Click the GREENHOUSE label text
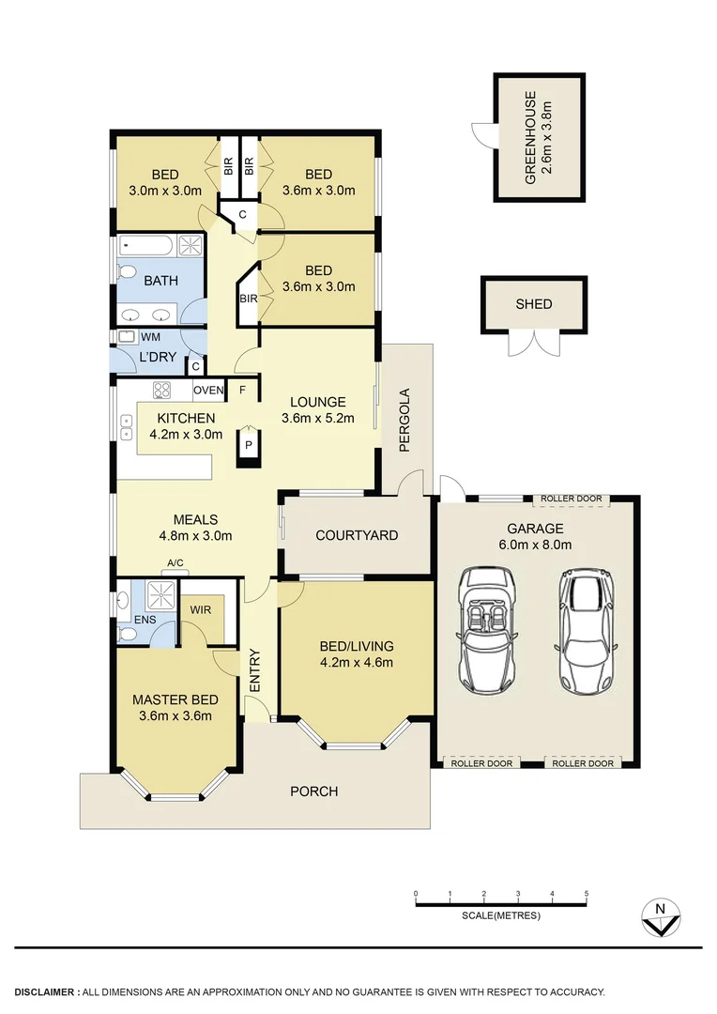[531, 137]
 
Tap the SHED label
[534, 304]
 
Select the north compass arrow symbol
[661, 917]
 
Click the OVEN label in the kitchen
[208, 390]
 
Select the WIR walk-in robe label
[199, 610]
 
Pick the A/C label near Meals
[175, 563]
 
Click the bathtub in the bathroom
[146, 247]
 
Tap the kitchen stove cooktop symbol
[161, 390]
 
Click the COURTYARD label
[357, 535]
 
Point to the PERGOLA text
[405, 421]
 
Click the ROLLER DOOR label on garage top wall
[571, 499]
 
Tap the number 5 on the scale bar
[587, 893]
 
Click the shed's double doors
[533, 344]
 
